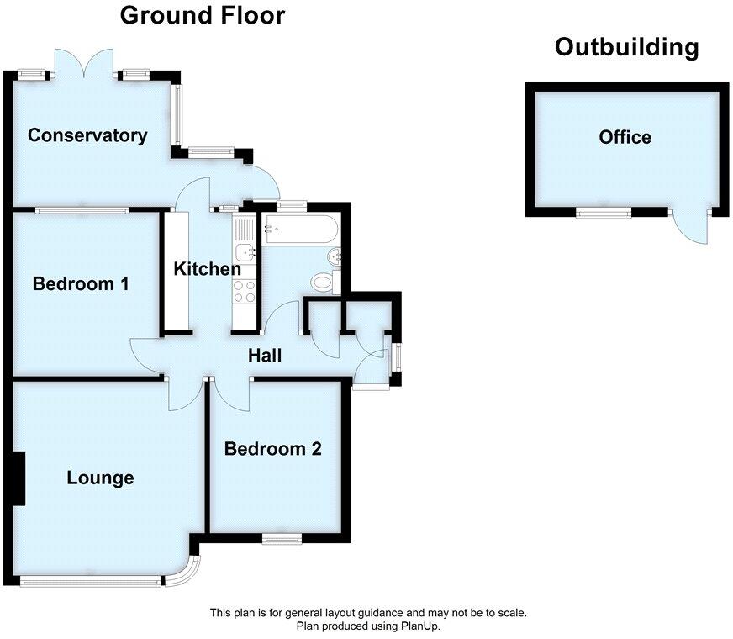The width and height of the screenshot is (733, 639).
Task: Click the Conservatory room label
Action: point(87,135)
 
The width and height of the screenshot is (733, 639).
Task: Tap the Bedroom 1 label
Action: point(81,284)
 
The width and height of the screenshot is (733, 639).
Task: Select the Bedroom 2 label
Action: point(273,449)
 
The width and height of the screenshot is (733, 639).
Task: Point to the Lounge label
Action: point(100,478)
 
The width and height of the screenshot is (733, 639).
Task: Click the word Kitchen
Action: point(207,269)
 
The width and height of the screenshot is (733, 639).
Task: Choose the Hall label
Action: point(264,356)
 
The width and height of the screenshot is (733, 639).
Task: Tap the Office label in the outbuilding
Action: point(625,137)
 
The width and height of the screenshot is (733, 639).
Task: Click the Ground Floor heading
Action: point(203,15)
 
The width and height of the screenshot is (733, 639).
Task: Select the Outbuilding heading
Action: point(626,47)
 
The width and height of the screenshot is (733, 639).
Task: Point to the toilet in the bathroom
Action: point(323,282)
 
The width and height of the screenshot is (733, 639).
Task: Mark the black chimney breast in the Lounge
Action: point(18,478)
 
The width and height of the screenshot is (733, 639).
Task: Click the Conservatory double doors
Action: point(82,62)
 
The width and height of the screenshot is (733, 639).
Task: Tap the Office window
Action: point(604,213)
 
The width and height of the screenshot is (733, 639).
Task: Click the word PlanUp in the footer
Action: point(422,626)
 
